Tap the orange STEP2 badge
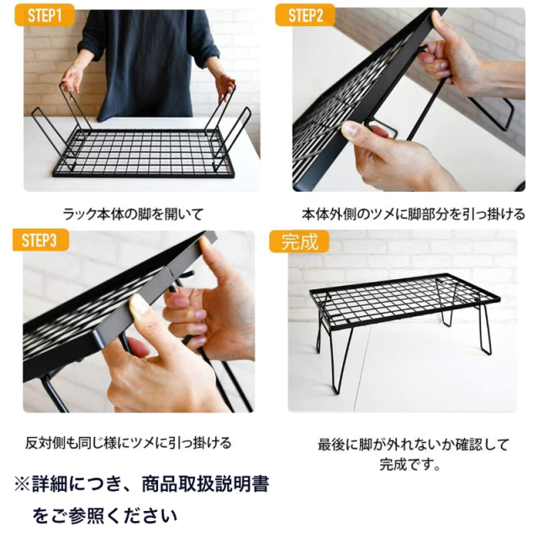(x=307, y=16)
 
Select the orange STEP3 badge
(x=40, y=241)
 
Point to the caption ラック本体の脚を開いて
(x=133, y=214)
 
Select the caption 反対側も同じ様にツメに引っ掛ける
(x=127, y=442)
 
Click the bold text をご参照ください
(x=104, y=514)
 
